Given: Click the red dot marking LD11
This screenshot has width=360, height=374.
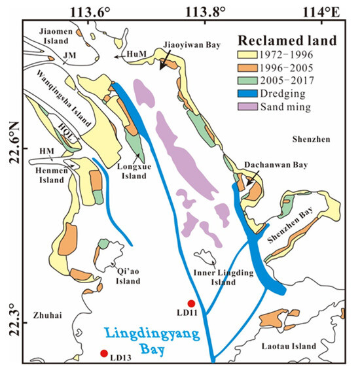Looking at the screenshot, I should (191, 303).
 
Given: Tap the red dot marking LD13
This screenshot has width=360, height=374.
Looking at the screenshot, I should (103, 354).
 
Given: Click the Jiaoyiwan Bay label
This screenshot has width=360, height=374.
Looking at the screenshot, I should (190, 44).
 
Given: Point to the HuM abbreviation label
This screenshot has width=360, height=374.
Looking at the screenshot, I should (137, 58).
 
